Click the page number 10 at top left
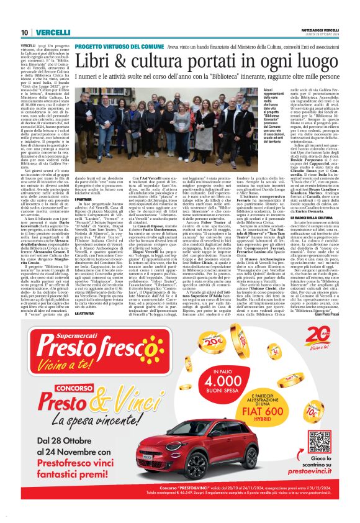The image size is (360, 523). tap(24, 32)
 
